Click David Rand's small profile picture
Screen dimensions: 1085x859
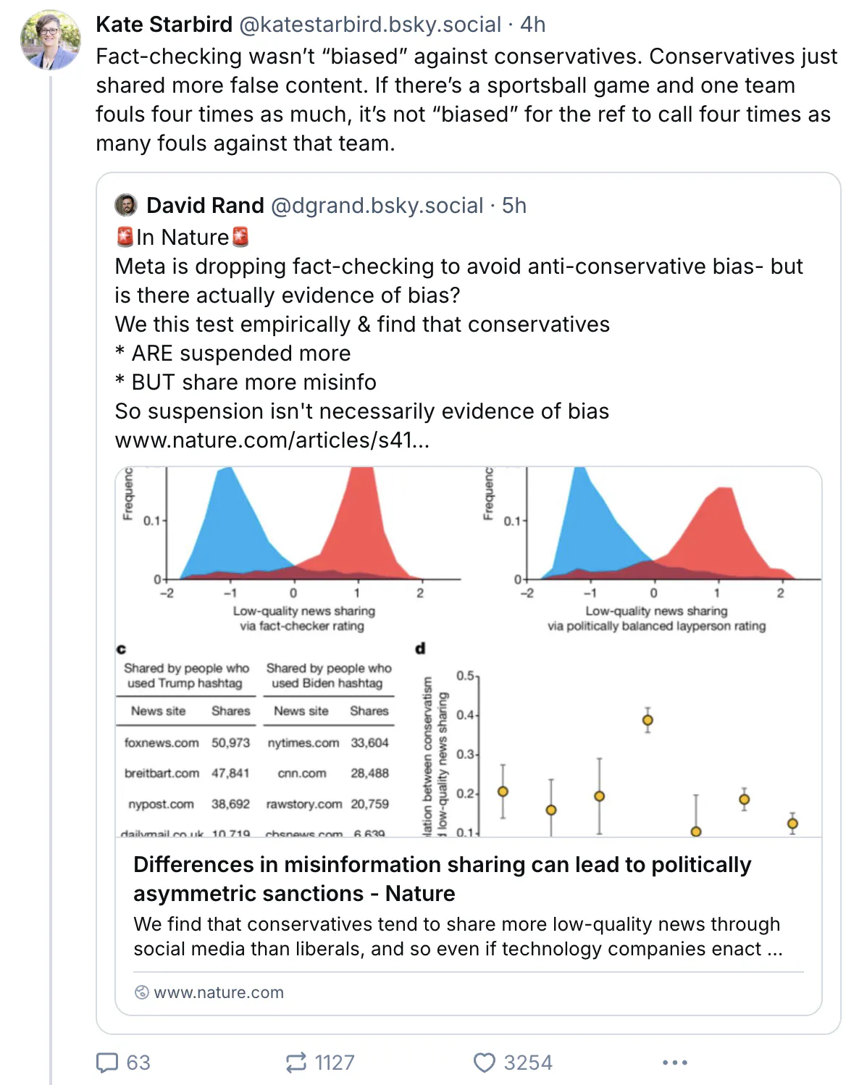click(126, 205)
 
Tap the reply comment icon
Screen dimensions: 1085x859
click(107, 1063)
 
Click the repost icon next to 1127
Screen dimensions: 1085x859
click(296, 1063)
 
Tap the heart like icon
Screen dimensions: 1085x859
click(484, 1063)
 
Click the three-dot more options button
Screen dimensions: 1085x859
click(674, 1063)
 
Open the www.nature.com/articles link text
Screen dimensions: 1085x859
click(272, 440)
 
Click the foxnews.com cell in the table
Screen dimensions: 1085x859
click(162, 743)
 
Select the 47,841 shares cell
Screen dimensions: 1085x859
click(230, 774)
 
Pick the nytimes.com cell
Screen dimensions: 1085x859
click(303, 743)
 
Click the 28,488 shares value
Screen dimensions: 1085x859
click(369, 774)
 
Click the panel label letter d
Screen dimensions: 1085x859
click(420, 648)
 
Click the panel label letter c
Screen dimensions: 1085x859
click(121, 649)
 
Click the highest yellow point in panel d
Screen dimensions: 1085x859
click(648, 720)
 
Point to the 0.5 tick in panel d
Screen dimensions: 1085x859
click(465, 676)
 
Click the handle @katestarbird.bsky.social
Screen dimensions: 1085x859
click(370, 25)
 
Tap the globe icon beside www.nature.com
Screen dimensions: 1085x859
click(142, 992)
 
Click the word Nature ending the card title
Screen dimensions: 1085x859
click(420, 894)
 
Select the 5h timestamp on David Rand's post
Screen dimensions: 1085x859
click(514, 206)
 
